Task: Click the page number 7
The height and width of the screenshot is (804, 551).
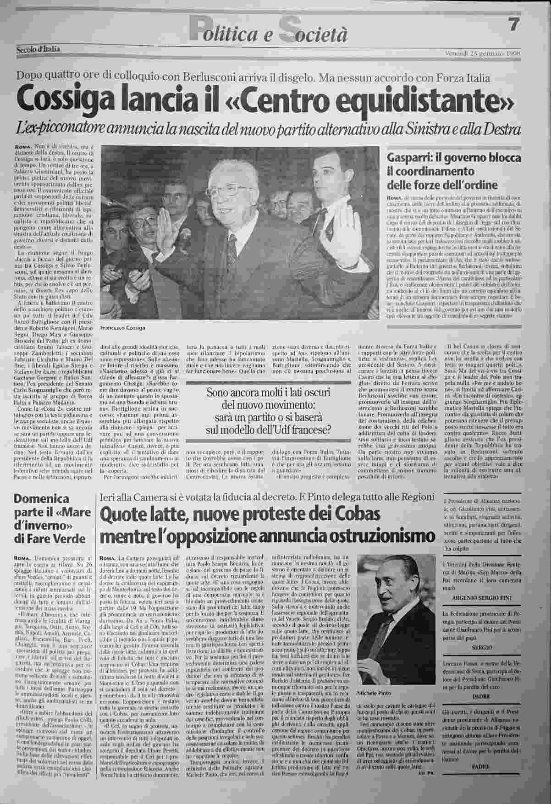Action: (x=513, y=25)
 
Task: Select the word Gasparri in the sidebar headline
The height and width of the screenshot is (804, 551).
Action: (x=409, y=157)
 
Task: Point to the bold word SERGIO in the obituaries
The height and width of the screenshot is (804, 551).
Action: (x=482, y=647)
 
